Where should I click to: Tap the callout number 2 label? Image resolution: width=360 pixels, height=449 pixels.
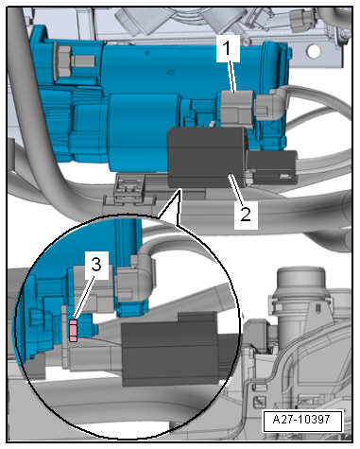pos(244,215)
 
